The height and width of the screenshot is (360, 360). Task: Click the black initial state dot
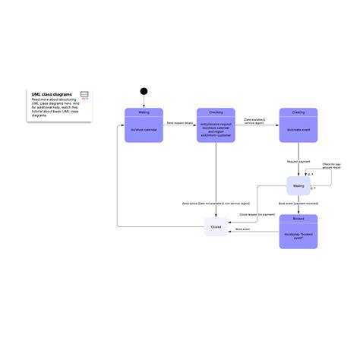pyautogui.click(x=144, y=92)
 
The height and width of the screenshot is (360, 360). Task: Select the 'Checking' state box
pyautogui.click(x=216, y=125)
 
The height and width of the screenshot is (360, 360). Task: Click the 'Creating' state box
pyautogui.click(x=298, y=125)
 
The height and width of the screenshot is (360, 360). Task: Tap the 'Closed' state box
pyautogui.click(x=216, y=226)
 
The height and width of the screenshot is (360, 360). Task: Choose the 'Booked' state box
pyautogui.click(x=298, y=231)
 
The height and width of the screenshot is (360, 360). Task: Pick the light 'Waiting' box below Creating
pyautogui.click(x=298, y=186)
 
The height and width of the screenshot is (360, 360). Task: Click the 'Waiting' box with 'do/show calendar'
pyautogui.click(x=144, y=125)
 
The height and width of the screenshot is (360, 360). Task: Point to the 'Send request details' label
pyautogui.click(x=180, y=122)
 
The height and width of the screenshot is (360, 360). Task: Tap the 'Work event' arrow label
pyautogui.click(x=242, y=229)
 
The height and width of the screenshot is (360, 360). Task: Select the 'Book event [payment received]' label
pyautogui.click(x=298, y=204)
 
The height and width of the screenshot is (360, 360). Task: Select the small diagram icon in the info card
pyautogui.click(x=85, y=96)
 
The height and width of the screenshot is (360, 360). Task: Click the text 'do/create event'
pyautogui.click(x=298, y=130)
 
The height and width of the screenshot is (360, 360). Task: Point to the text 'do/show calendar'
pyautogui.click(x=144, y=129)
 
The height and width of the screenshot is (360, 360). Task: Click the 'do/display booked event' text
pyautogui.click(x=298, y=235)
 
